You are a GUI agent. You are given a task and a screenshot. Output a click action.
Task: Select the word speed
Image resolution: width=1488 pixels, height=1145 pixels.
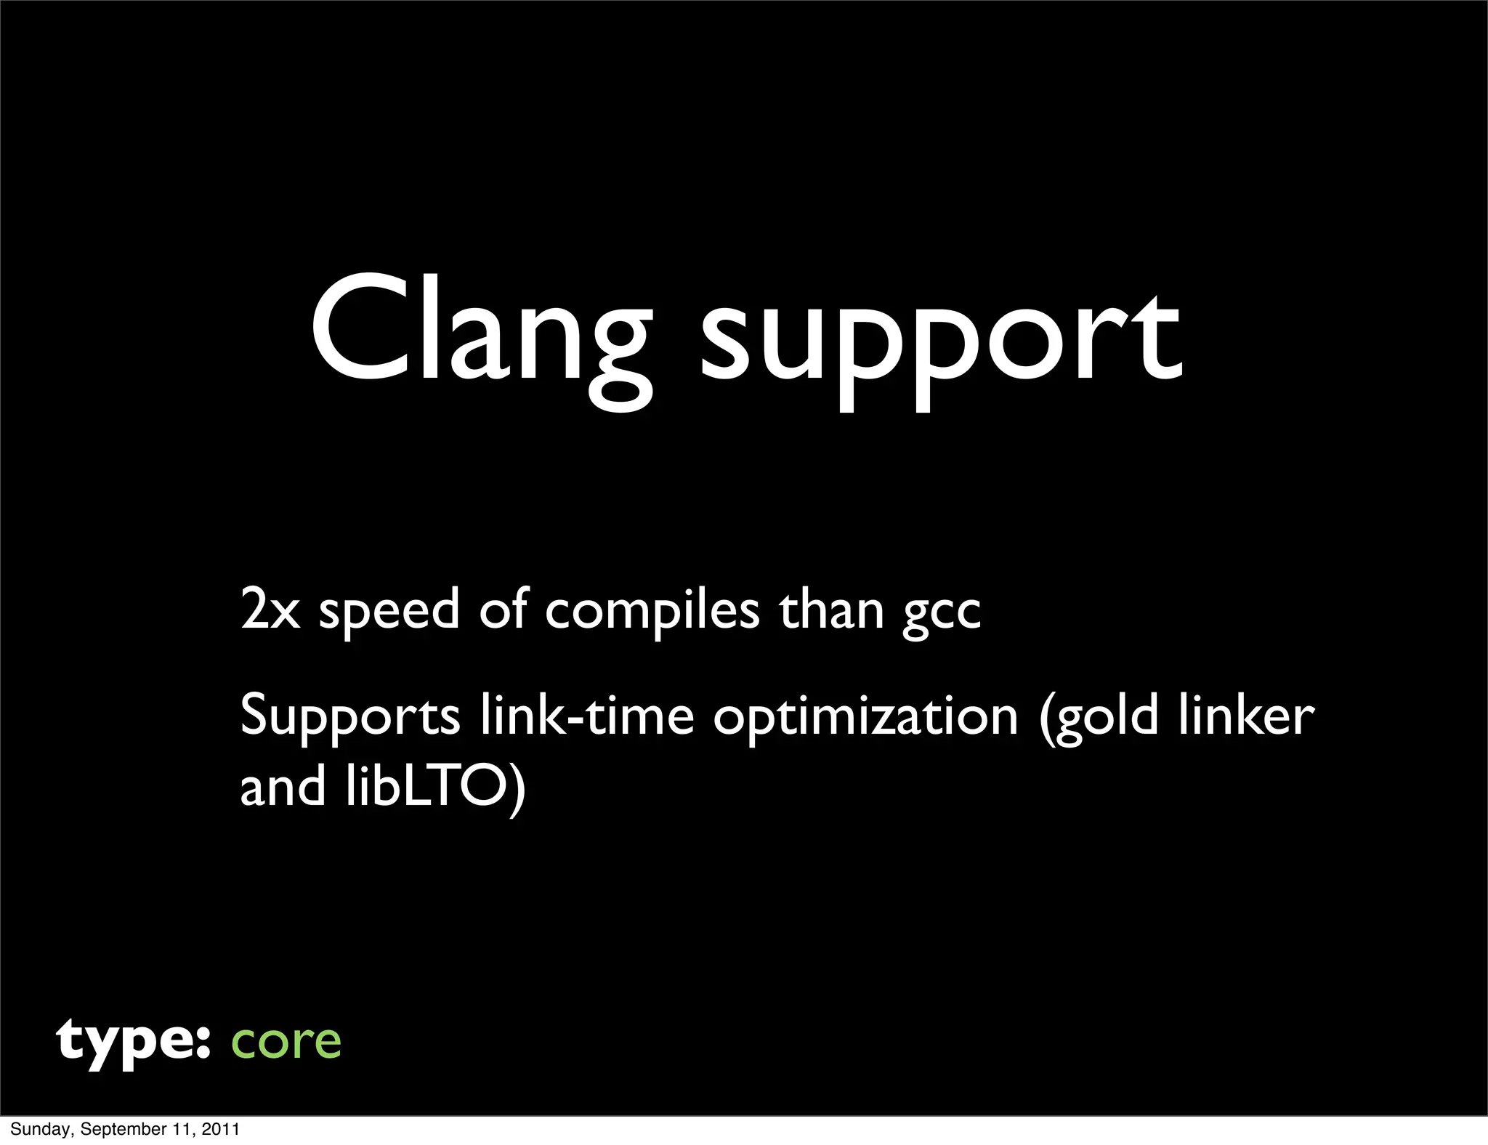pyautogui.click(x=389, y=612)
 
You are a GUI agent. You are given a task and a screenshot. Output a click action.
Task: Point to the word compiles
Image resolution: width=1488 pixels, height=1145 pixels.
pyautogui.click(x=652, y=612)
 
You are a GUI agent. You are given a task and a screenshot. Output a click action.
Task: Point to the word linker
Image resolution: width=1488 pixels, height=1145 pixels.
pyautogui.click(x=1245, y=715)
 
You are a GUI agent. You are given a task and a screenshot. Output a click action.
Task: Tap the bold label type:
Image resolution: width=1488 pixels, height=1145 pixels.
pyautogui.click(x=134, y=1042)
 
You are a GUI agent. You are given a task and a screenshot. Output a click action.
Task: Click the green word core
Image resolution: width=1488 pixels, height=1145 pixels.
pyautogui.click(x=286, y=1042)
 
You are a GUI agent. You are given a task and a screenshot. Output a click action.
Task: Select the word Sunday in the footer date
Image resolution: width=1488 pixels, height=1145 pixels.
pyautogui.click(x=39, y=1129)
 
